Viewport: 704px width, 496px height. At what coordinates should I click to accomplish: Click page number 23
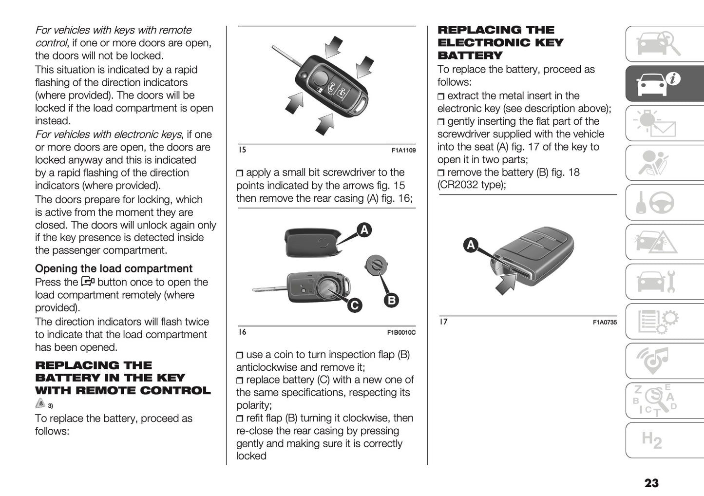point(651,483)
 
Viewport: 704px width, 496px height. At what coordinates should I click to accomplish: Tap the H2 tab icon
point(652,440)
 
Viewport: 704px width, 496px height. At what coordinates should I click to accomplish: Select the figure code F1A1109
point(403,151)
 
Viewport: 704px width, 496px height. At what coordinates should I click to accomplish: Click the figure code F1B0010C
point(401,333)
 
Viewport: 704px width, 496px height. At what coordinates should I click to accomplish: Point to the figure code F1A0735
point(605,322)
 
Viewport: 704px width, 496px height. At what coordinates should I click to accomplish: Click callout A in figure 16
point(364,229)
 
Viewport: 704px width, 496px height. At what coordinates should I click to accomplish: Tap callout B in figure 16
point(391,300)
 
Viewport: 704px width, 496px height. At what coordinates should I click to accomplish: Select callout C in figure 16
point(354,305)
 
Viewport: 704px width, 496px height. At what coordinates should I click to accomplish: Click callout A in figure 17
point(471,245)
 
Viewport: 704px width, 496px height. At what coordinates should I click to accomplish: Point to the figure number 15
point(242,150)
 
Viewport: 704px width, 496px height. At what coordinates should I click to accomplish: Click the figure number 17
point(443,322)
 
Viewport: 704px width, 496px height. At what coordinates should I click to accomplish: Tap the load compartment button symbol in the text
point(88,282)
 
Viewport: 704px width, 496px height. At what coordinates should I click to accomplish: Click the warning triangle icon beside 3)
point(40,403)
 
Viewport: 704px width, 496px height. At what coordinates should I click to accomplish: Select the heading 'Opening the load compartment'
point(114,268)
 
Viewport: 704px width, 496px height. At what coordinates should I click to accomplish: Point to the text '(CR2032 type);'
point(472,185)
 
